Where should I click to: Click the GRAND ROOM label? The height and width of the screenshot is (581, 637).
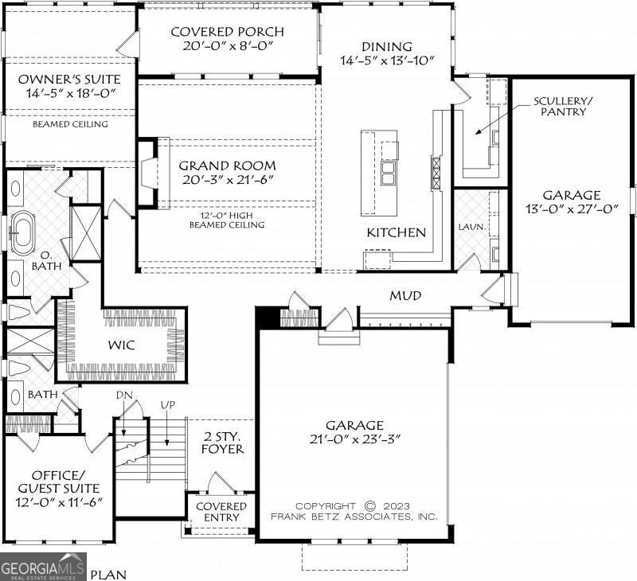pos(227,166)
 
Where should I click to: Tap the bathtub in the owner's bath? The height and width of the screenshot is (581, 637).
pos(22,233)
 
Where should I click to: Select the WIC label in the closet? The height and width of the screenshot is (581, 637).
pos(121,345)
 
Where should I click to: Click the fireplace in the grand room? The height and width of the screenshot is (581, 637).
pos(148,174)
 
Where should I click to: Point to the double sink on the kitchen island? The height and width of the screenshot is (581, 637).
pos(389,173)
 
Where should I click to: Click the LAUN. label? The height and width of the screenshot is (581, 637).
pos(471,227)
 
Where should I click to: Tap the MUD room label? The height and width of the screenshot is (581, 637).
pos(405,295)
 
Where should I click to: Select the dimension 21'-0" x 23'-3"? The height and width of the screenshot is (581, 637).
pos(355,439)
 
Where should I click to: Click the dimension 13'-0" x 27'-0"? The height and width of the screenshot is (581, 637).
pos(571,209)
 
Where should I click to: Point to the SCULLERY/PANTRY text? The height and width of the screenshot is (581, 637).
pos(563,106)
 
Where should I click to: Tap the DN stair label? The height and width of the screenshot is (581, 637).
pos(124,395)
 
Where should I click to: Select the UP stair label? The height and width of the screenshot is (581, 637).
pos(168,405)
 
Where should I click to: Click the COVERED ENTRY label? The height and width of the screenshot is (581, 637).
pos(221,512)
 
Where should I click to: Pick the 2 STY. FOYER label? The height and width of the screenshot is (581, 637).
pos(223,443)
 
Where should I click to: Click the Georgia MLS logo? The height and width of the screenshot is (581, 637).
pos(43,567)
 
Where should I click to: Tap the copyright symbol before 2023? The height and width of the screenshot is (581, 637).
pos(369,506)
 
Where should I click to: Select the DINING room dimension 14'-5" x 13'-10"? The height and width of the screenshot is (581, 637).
pos(387,60)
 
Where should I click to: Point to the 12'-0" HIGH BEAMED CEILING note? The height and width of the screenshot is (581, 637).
pos(227,220)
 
